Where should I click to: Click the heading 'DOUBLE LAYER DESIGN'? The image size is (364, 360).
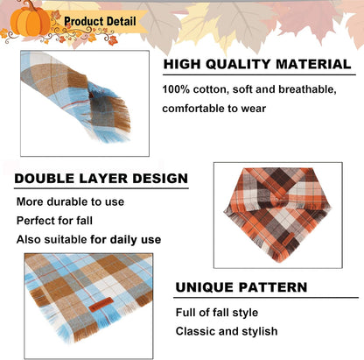click(101, 179)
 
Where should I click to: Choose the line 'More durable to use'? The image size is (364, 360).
click(71, 201)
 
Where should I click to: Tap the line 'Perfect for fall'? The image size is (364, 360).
click(55, 220)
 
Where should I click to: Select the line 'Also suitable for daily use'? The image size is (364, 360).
click(89, 239)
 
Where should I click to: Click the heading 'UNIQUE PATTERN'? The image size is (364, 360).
click(241, 286)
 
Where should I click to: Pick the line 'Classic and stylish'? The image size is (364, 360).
click(227, 331)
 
